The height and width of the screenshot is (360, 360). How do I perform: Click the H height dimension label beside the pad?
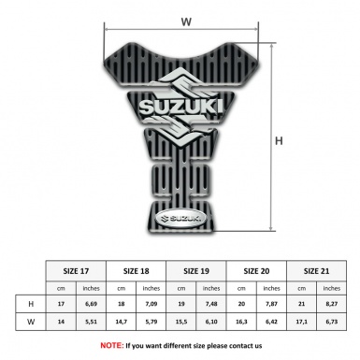click(x=279, y=141)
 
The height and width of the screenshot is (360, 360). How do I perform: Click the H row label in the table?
click(x=31, y=304)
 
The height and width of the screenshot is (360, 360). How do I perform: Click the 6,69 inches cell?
click(x=91, y=304)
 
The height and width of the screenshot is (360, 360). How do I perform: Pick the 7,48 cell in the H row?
click(x=211, y=304)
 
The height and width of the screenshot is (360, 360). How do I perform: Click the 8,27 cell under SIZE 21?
click(x=331, y=304)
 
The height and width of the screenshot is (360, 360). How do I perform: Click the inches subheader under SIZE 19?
click(x=211, y=287)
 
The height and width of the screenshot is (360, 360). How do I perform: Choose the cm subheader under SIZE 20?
click(x=240, y=287)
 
